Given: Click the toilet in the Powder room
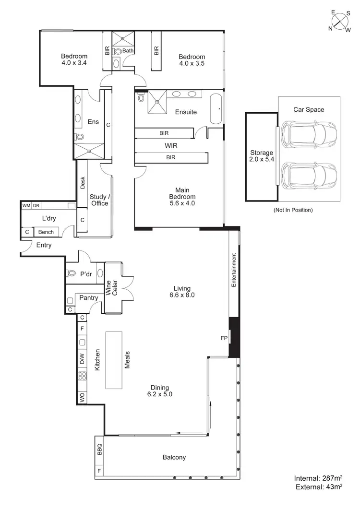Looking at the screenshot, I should [x=72, y=274].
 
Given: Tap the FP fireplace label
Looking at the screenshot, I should [x=224, y=338].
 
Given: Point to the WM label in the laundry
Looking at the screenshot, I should [x=26, y=206].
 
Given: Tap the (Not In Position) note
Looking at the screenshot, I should [x=293, y=210].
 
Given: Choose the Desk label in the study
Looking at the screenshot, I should [x=83, y=183].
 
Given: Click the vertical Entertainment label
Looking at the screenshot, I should [x=234, y=270].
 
